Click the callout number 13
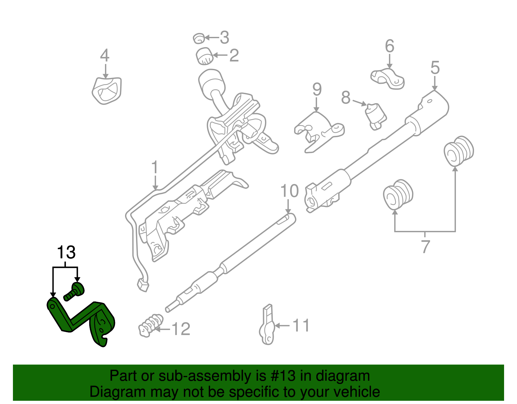tap(66, 252)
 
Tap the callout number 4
tap(105, 56)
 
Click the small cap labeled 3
tap(199, 38)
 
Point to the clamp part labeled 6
tap(387, 79)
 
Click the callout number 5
tap(435, 68)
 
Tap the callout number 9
tap(317, 89)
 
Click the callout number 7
tap(426, 247)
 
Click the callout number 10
tap(290, 191)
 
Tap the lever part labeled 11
tap(267, 327)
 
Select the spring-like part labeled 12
tap(151, 325)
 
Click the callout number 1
tap(155, 168)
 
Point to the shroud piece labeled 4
tap(107, 91)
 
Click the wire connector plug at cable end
tap(143, 285)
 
